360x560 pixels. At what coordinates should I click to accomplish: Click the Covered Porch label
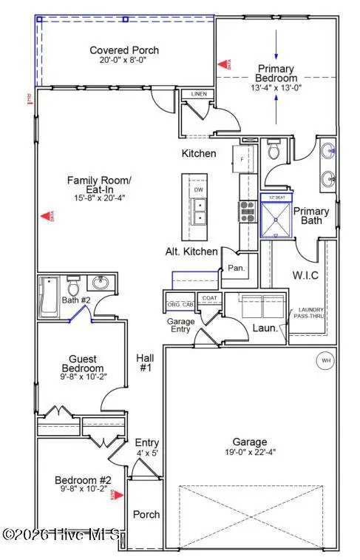(124, 50)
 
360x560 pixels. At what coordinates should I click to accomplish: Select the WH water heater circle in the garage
(325, 361)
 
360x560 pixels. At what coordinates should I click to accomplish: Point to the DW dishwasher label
(198, 190)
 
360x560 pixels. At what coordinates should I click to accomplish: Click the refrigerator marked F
(243, 158)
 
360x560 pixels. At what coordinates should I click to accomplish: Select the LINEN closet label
(198, 95)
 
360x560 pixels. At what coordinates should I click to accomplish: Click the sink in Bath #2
(101, 283)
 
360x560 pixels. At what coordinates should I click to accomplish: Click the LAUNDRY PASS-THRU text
(312, 314)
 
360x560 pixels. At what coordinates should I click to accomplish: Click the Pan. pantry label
(237, 268)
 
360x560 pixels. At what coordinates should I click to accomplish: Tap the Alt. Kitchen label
(191, 252)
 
